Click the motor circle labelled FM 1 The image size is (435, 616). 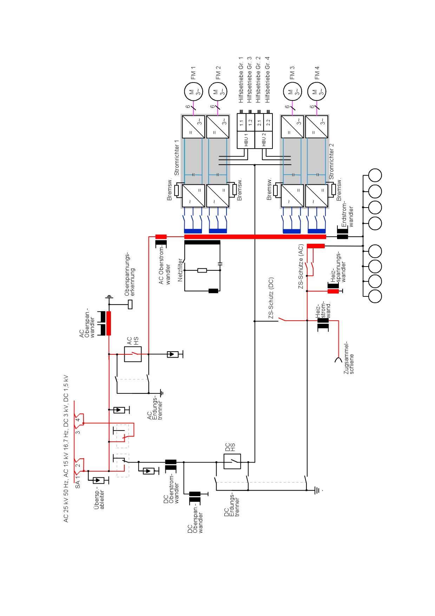194,92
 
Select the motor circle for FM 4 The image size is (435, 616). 317,92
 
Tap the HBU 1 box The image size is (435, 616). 246,140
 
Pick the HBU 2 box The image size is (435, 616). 264,140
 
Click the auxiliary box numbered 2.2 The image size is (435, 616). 268,123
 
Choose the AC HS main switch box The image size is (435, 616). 133,354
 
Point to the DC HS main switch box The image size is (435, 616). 232,461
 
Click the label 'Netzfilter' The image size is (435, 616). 180,270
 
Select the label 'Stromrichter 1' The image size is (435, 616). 177,158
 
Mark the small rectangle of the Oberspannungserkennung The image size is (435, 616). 130,304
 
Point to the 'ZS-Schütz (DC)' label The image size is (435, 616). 271,298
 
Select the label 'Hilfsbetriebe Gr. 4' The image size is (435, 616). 268,80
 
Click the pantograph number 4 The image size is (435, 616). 78,419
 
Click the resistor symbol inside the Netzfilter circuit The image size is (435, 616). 202,270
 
